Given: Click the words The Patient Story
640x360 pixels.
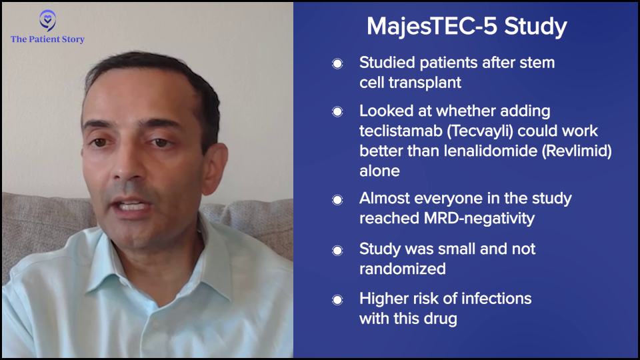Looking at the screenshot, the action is (48, 39).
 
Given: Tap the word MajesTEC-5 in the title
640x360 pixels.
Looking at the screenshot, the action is (431, 27).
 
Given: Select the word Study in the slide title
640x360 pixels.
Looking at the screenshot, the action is (535, 27).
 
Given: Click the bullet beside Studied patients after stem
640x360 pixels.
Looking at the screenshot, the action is (337, 64).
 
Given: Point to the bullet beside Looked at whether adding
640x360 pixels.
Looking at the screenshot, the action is (337, 112).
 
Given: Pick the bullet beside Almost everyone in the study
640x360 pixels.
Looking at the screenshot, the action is (337, 199).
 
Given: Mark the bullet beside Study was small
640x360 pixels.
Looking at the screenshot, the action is (337, 250).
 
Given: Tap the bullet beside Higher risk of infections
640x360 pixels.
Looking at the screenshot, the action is (337, 300).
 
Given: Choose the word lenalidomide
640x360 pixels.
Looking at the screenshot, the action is (490, 151).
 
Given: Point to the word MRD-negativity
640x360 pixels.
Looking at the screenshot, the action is (479, 219).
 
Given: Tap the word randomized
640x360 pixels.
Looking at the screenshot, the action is (403, 269).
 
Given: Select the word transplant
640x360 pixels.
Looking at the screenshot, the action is (425, 83).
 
